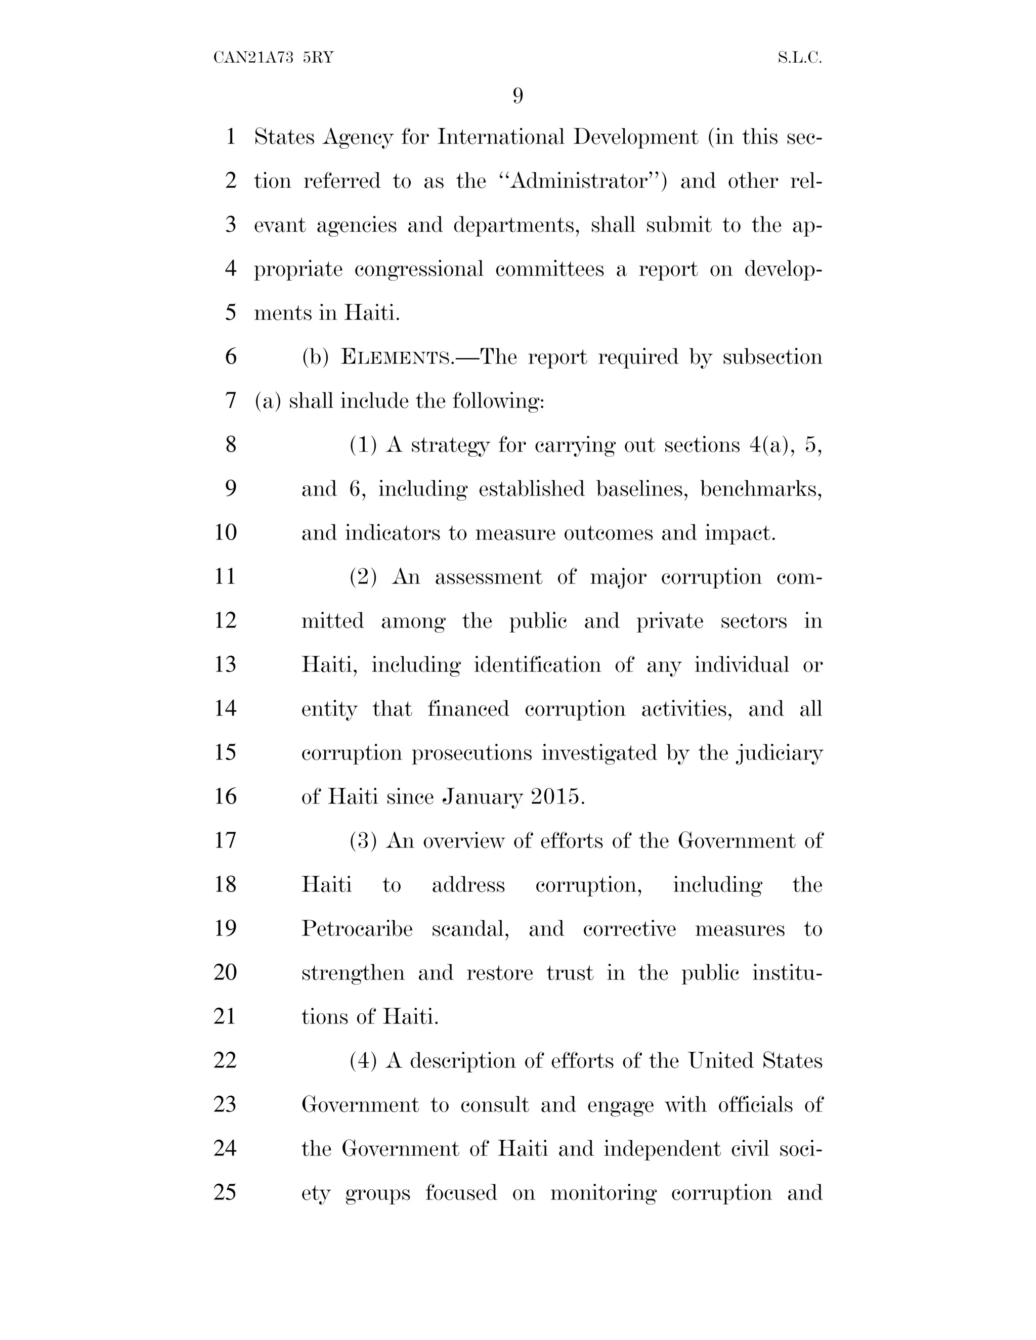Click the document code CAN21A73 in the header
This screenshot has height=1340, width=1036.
click(253, 58)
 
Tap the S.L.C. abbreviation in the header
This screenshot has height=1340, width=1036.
click(799, 58)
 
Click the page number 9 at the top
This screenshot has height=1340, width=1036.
click(517, 96)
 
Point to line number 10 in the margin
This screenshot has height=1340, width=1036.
click(225, 532)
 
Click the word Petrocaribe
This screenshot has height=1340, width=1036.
click(357, 928)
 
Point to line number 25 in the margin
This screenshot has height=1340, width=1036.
click(225, 1192)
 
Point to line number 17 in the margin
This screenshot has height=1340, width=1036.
click(225, 840)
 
